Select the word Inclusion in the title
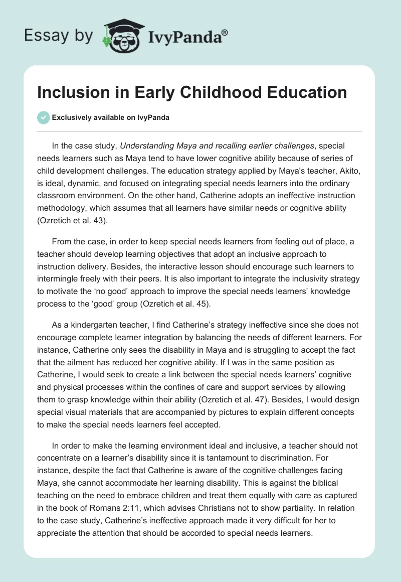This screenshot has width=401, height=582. [x=67, y=92]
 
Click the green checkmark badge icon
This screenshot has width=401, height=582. [x=44, y=117]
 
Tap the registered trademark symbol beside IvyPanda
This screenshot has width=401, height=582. [x=225, y=32]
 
